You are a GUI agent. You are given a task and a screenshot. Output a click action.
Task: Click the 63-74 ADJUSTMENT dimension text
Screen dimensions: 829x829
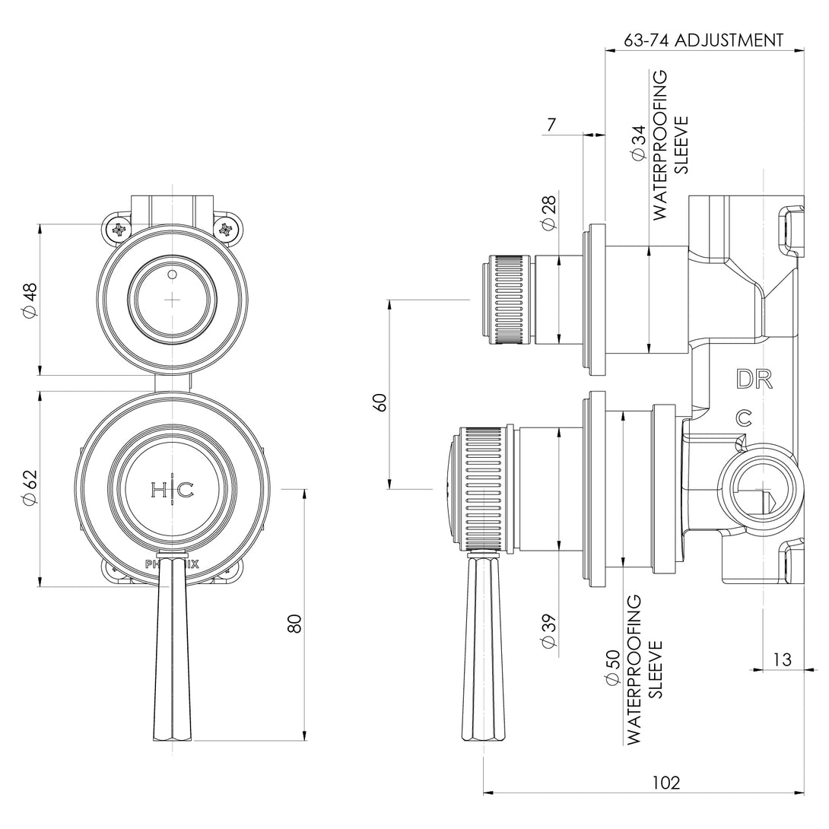[x=704, y=40]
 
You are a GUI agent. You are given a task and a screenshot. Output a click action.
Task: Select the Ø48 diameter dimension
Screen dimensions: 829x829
[x=30, y=300]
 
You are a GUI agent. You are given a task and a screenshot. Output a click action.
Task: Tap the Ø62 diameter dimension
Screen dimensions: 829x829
[x=30, y=489]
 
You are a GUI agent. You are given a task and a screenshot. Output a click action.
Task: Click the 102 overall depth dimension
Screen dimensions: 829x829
[x=666, y=782]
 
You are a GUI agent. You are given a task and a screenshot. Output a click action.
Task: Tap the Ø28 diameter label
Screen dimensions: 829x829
[x=548, y=213]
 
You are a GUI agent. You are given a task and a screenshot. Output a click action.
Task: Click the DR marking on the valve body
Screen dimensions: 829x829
[x=754, y=379]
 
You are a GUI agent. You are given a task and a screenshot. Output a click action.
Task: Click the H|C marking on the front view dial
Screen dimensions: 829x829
[x=173, y=491]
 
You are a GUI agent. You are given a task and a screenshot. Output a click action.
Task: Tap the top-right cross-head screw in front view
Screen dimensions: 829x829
[x=226, y=228]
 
